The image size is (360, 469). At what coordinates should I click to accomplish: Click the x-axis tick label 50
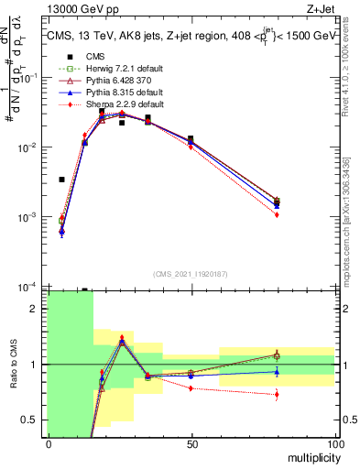pyautogui.click(x=191, y=443)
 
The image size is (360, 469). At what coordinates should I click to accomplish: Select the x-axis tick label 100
pyautogui.click(x=334, y=443)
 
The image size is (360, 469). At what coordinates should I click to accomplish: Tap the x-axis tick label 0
pyautogui.click(x=48, y=443)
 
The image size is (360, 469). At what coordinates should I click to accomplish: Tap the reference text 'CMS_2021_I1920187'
pyautogui.click(x=191, y=275)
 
